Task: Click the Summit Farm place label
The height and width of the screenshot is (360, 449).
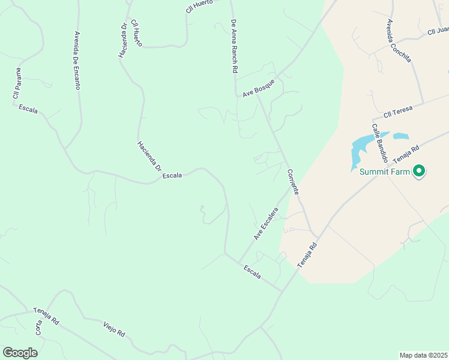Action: (385, 172)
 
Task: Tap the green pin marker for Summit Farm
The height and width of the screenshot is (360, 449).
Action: (419, 172)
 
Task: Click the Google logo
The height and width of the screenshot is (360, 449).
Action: (20, 352)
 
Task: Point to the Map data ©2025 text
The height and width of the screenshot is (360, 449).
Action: (423, 355)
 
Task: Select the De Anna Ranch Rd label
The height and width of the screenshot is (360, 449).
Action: (235, 46)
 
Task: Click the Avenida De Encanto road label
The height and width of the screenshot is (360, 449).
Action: (77, 60)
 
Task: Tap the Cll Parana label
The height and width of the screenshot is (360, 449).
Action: (18, 83)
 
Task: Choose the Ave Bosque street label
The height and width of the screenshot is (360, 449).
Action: (258, 88)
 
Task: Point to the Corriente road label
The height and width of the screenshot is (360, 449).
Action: (293, 181)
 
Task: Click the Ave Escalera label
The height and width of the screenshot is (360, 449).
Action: (267, 224)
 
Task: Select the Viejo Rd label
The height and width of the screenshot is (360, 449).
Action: (113, 328)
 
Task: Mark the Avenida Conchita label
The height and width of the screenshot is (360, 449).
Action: (399, 41)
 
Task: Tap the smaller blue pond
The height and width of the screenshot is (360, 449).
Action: (401, 136)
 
